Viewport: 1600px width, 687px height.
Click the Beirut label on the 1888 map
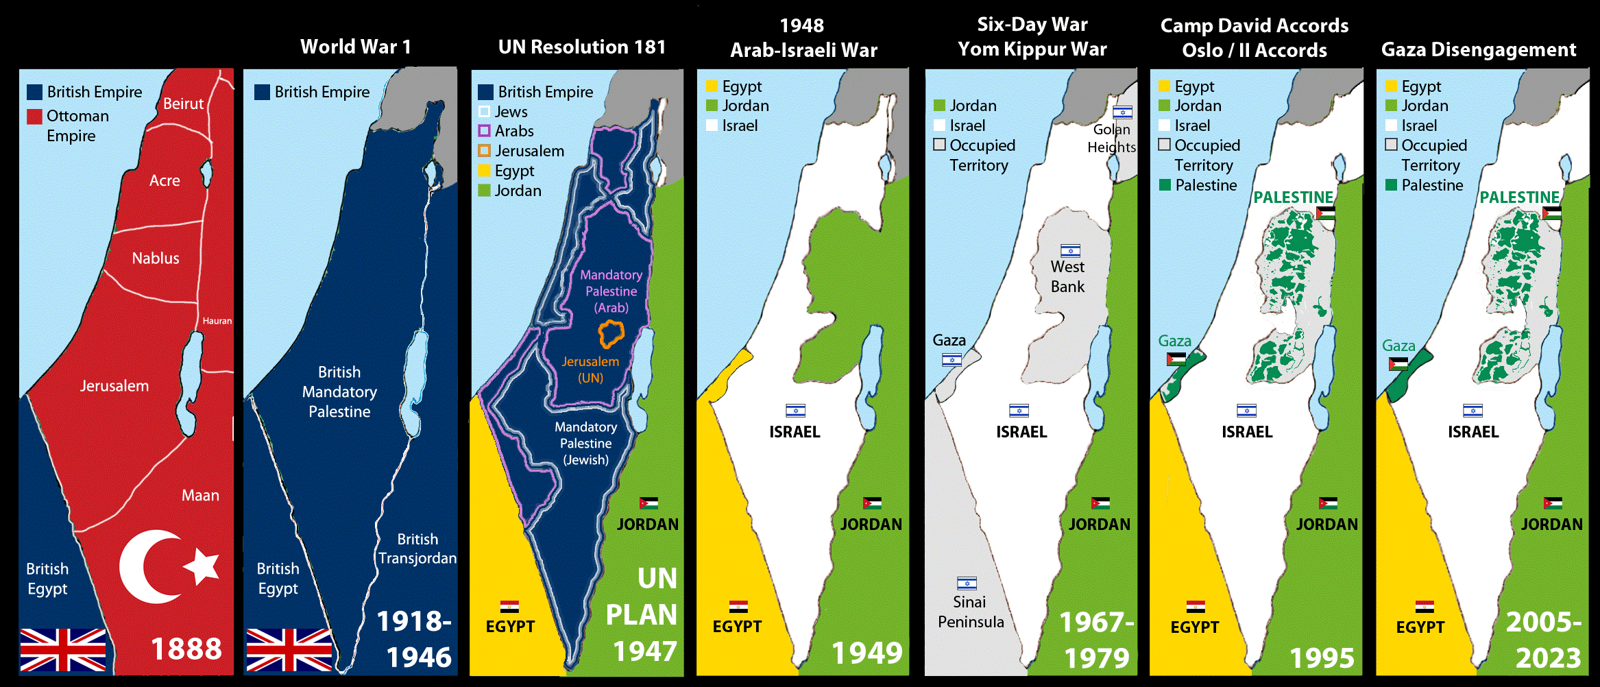183,104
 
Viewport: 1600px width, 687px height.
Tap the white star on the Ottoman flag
202,566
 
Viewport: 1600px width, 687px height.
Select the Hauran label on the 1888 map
217,321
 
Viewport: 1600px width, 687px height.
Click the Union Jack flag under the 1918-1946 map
289,649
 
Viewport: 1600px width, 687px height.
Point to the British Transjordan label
417,549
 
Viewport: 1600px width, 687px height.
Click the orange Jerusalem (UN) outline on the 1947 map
610,334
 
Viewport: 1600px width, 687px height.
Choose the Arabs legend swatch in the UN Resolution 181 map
484,131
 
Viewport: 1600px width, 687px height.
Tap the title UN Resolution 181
581,47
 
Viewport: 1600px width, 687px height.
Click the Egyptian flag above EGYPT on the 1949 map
738,607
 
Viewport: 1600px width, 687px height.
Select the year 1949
866,653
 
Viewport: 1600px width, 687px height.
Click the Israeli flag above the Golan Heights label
1122,112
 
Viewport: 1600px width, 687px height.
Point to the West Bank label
1067,276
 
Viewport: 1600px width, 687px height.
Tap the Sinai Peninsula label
971,612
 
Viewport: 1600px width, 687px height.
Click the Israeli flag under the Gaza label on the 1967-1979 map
951,359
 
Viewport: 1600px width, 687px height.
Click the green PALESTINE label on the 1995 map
1293,197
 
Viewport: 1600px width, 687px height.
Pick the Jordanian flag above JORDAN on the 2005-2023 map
1553,503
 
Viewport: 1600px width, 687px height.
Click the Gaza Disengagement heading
1478,49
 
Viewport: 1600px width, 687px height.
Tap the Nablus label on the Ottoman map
156,258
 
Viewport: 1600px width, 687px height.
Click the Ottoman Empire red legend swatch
34,117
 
